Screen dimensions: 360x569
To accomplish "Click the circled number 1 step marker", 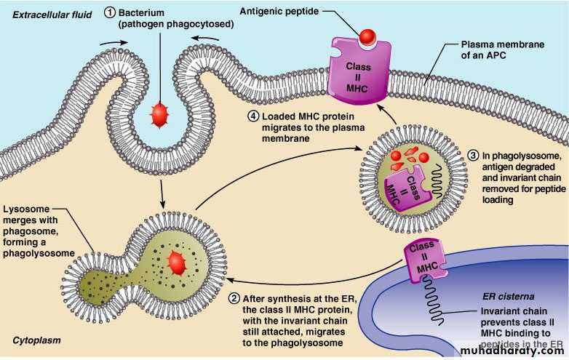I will pyautogui.click(x=109, y=14).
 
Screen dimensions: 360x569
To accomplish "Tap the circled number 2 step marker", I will pyautogui.click(x=234, y=298).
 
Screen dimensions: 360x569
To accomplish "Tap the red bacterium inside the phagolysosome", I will pyautogui.click(x=175, y=263).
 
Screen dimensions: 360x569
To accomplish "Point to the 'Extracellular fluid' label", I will pyautogui.click(x=45, y=14).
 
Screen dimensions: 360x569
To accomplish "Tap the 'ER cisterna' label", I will pyautogui.click(x=509, y=297).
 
